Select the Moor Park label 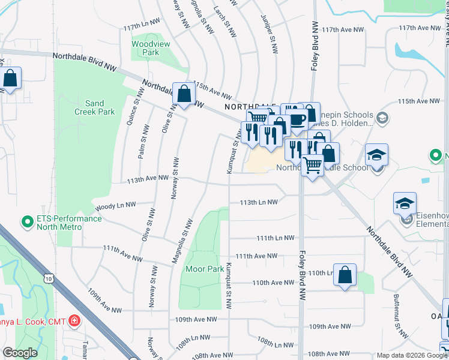click(203, 269)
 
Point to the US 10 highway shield click(51, 278)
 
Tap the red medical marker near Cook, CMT click(74, 321)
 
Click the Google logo click(19, 353)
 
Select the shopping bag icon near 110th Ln click(345, 275)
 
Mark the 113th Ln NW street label click(258, 203)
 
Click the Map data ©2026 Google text click(412, 355)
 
